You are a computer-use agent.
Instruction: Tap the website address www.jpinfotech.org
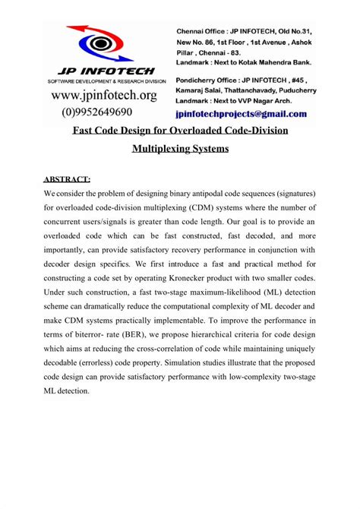click(103, 95)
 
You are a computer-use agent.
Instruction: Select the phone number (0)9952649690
click(103, 111)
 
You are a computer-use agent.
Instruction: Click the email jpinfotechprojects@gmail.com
click(241, 115)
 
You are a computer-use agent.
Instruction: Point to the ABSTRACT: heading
click(67, 179)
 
